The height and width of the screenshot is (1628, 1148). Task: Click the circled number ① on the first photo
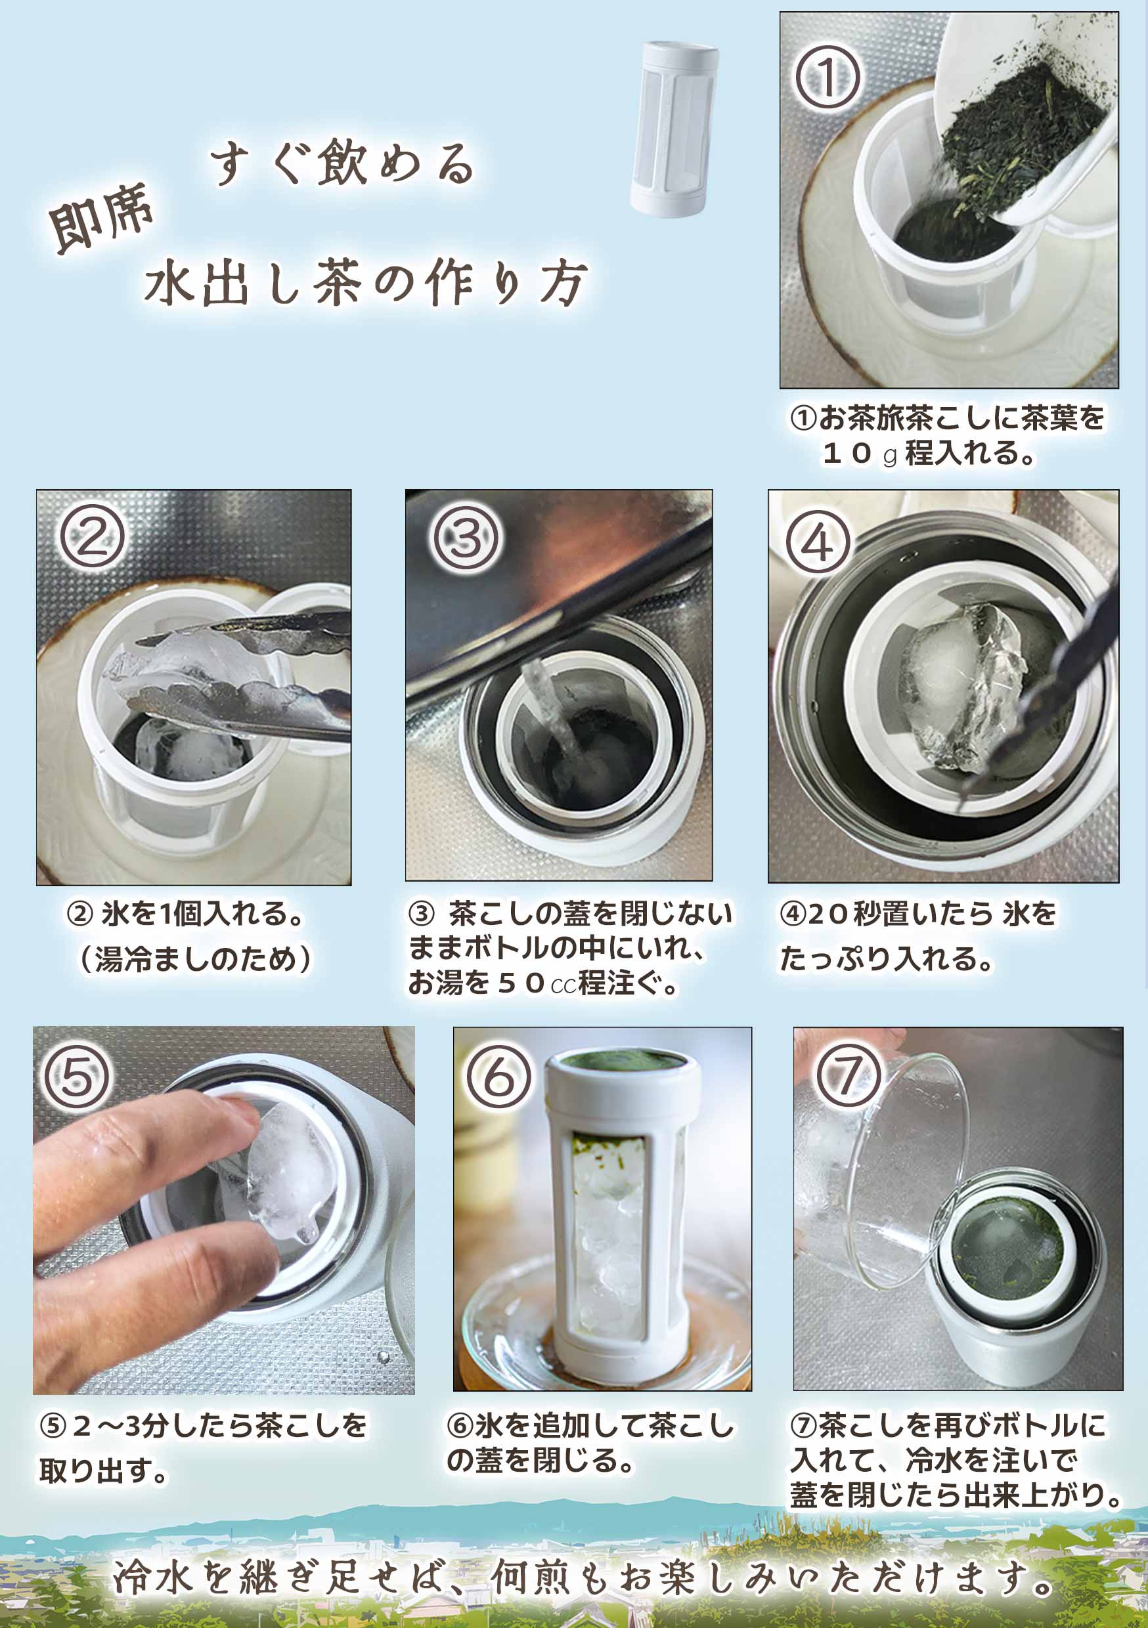pyautogui.click(x=828, y=77)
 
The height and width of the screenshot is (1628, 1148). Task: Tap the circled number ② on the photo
pyautogui.click(x=92, y=537)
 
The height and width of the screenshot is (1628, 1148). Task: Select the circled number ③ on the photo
pyautogui.click(x=466, y=538)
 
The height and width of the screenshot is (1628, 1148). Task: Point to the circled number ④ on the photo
pyautogui.click(x=818, y=543)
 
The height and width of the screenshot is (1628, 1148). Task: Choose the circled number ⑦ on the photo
pyautogui.click(x=848, y=1076)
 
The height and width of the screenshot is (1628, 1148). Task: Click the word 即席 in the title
pyautogui.click(x=101, y=218)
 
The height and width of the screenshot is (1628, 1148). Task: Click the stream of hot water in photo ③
pyautogui.click(x=550, y=709)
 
